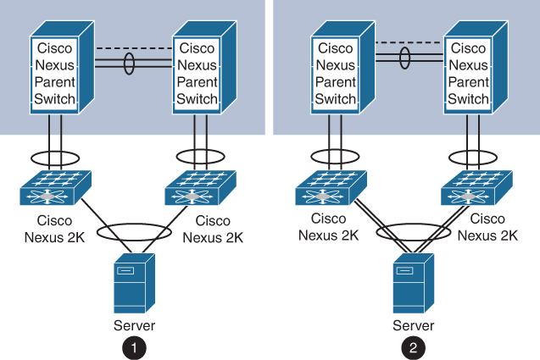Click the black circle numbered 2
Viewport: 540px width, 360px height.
[x=414, y=346]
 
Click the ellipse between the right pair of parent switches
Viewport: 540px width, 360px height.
[x=405, y=57]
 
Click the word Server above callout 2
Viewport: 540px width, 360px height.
[x=414, y=325]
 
